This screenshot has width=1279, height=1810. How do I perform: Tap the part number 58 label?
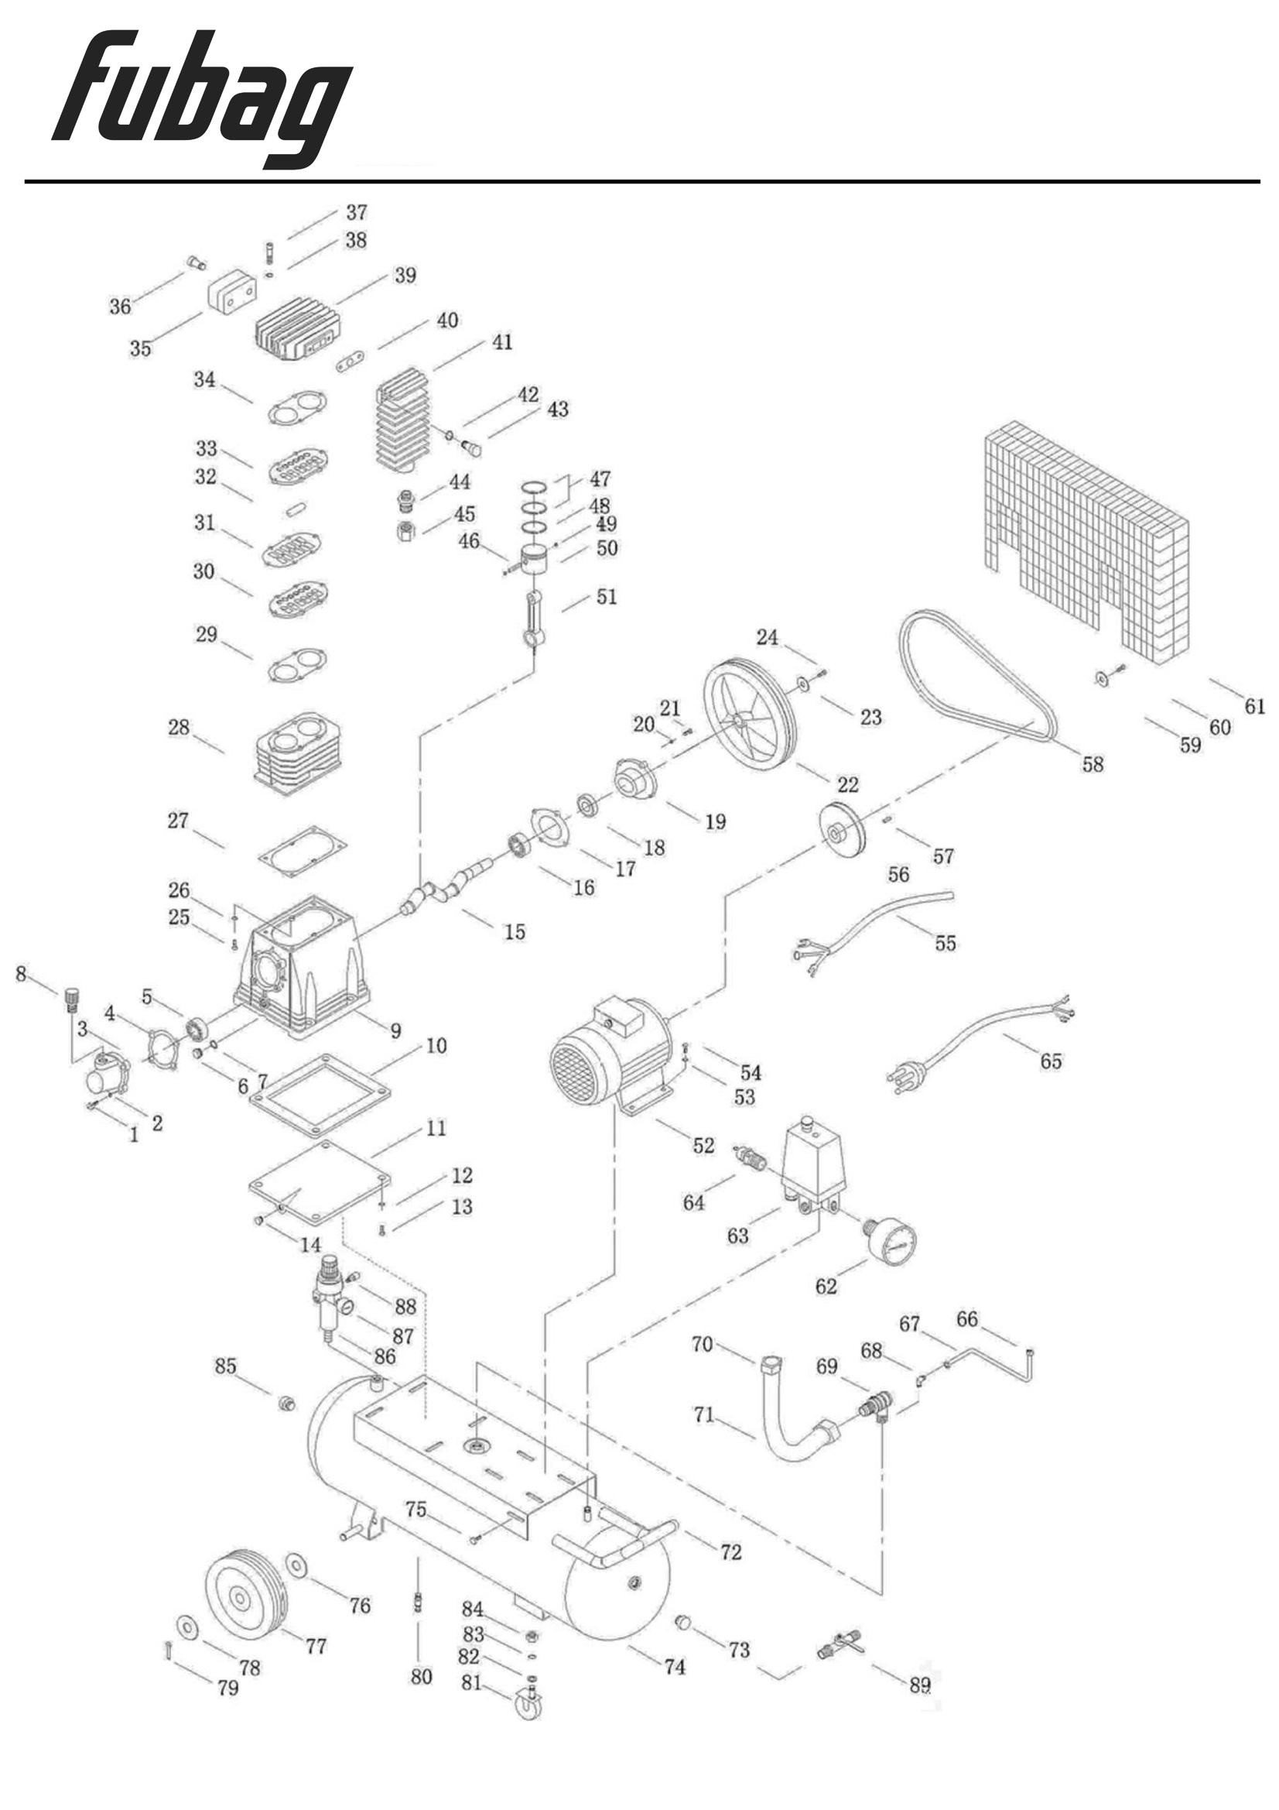point(1093,764)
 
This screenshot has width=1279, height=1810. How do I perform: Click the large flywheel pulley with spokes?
point(749,719)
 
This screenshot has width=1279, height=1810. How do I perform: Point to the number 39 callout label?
point(405,275)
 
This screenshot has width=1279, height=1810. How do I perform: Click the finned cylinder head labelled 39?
point(298,329)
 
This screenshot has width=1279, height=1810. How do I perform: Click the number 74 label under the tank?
point(675,1667)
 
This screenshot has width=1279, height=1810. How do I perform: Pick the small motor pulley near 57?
point(842,828)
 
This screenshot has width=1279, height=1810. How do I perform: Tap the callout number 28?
point(179,727)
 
